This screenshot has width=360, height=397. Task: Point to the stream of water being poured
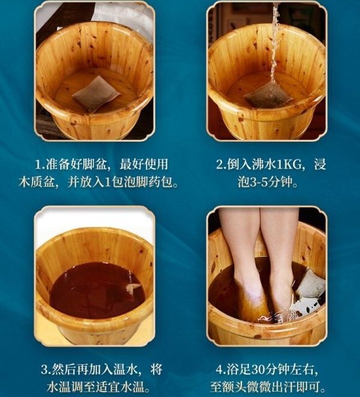pyautogui.click(x=274, y=43)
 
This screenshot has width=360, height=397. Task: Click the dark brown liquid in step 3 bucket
pyautogui.click(x=97, y=291)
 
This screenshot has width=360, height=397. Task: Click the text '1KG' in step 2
pyautogui.click(x=289, y=165)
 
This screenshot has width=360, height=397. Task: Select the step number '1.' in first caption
pyautogui.click(x=40, y=165)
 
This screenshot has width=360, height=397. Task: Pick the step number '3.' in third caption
pyautogui.click(x=46, y=369)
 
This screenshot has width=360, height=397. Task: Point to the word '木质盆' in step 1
pyautogui.click(x=37, y=182)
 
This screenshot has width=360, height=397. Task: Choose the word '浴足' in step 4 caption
pyautogui.click(x=239, y=369)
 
